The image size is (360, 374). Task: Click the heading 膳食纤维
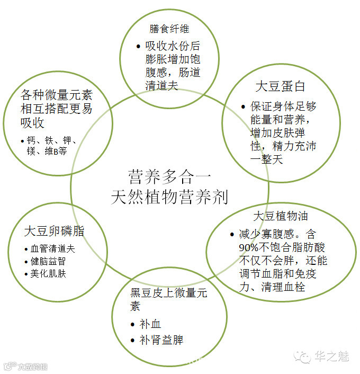[169, 29]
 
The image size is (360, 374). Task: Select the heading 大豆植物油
[281, 216]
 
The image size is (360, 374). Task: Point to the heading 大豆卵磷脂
[54, 231]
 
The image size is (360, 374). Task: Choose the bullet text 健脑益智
[48, 261]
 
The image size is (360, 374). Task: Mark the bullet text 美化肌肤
[48, 274]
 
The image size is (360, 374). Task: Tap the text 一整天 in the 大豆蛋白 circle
[266, 158]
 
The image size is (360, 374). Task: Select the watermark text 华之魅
[332, 357]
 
